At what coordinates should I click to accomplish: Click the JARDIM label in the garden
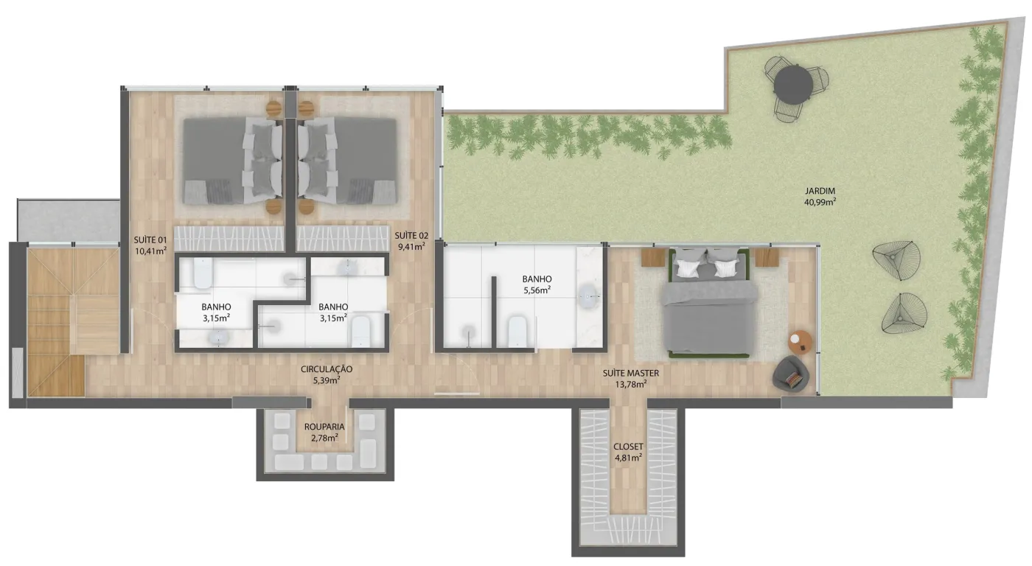pos(820,191)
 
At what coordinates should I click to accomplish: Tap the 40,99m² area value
pos(820,202)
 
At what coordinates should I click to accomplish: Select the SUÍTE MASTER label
pos(631,373)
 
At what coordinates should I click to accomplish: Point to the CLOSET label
pos(628,447)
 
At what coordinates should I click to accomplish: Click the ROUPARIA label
pos(324,427)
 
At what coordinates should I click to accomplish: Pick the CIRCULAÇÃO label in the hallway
pos(327,369)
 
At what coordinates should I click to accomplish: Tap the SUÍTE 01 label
pos(150,240)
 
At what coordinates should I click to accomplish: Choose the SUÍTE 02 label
pos(411,236)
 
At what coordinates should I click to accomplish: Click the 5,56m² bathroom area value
pos(537,290)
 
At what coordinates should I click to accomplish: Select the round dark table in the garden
pos(793,85)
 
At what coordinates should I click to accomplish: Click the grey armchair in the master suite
pos(790,374)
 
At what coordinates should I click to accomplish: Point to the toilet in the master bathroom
pos(517,332)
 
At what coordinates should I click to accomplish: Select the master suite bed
pos(709,303)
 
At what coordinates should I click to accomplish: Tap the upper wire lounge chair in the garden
pos(896,261)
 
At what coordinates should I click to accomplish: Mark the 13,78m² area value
pos(631,384)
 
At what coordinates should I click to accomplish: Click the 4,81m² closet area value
pos(628,458)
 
